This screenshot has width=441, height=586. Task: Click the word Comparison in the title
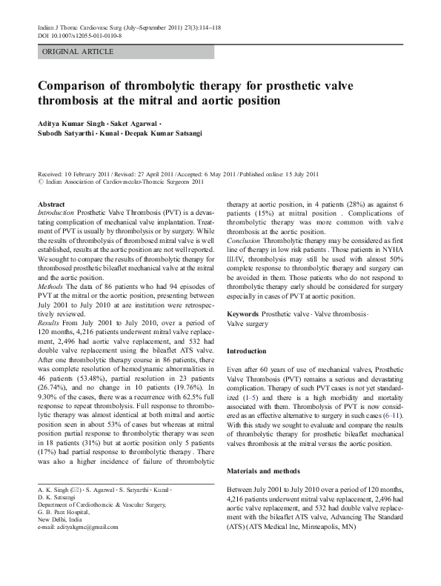(x=75, y=84)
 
